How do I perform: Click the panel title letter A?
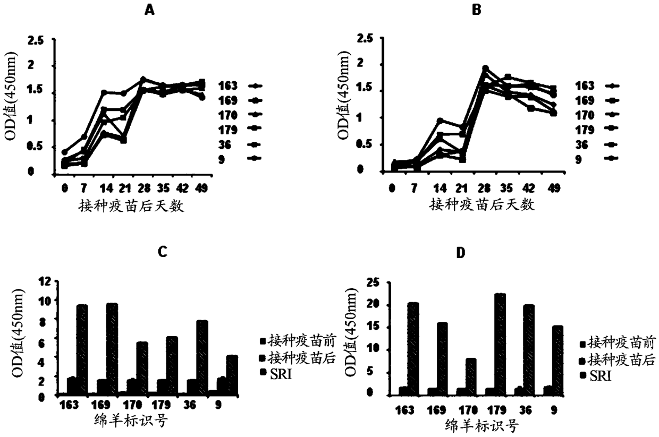(149, 11)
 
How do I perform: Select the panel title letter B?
(477, 10)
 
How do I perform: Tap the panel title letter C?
(163, 252)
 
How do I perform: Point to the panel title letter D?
(461, 253)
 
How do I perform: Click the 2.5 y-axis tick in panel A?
(35, 40)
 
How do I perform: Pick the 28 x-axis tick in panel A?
(144, 188)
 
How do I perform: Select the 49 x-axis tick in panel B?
(554, 188)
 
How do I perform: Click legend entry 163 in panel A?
(240, 86)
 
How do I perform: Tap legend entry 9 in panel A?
(240, 159)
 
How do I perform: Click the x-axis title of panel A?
(131, 206)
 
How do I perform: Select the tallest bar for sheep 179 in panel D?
(500, 345)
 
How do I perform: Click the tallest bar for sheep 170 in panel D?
(470, 377)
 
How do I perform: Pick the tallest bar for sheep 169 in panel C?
(112, 350)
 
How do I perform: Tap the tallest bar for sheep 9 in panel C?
(232, 376)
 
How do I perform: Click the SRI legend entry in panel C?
(276, 374)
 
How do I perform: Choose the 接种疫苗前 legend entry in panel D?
(618, 342)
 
